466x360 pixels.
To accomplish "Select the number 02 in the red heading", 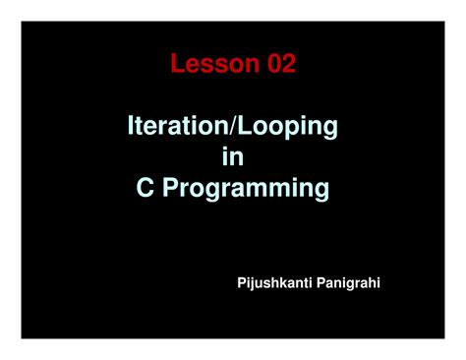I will click(278, 65).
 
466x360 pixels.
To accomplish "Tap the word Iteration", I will click(178, 127).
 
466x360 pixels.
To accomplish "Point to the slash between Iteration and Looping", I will click(232, 127).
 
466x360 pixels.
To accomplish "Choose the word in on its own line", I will click(234, 156).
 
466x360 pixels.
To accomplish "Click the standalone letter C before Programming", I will click(145, 187).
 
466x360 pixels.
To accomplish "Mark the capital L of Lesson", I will click(179, 65).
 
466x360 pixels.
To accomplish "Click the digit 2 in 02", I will click(287, 65).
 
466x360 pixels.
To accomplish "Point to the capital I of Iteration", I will click(132, 127).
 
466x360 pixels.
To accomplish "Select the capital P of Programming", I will click(169, 187).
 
